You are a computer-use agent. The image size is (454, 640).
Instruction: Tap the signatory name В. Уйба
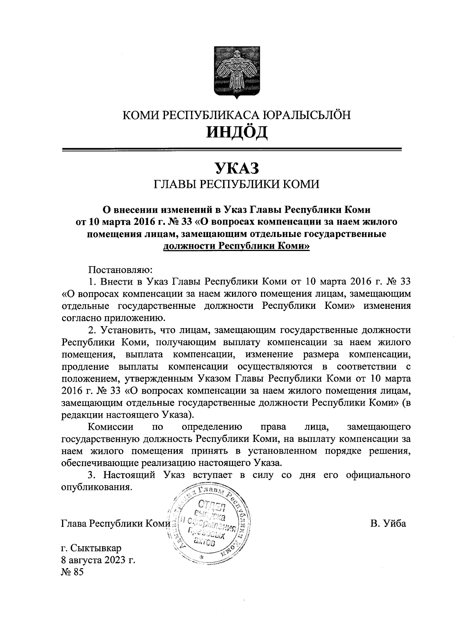[388, 524]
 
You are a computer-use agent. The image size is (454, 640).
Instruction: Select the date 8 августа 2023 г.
[98, 560]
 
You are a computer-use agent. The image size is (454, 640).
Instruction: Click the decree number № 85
[72, 572]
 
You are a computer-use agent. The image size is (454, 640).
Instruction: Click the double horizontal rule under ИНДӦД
[231, 150]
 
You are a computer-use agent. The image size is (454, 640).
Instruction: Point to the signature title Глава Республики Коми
[116, 524]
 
